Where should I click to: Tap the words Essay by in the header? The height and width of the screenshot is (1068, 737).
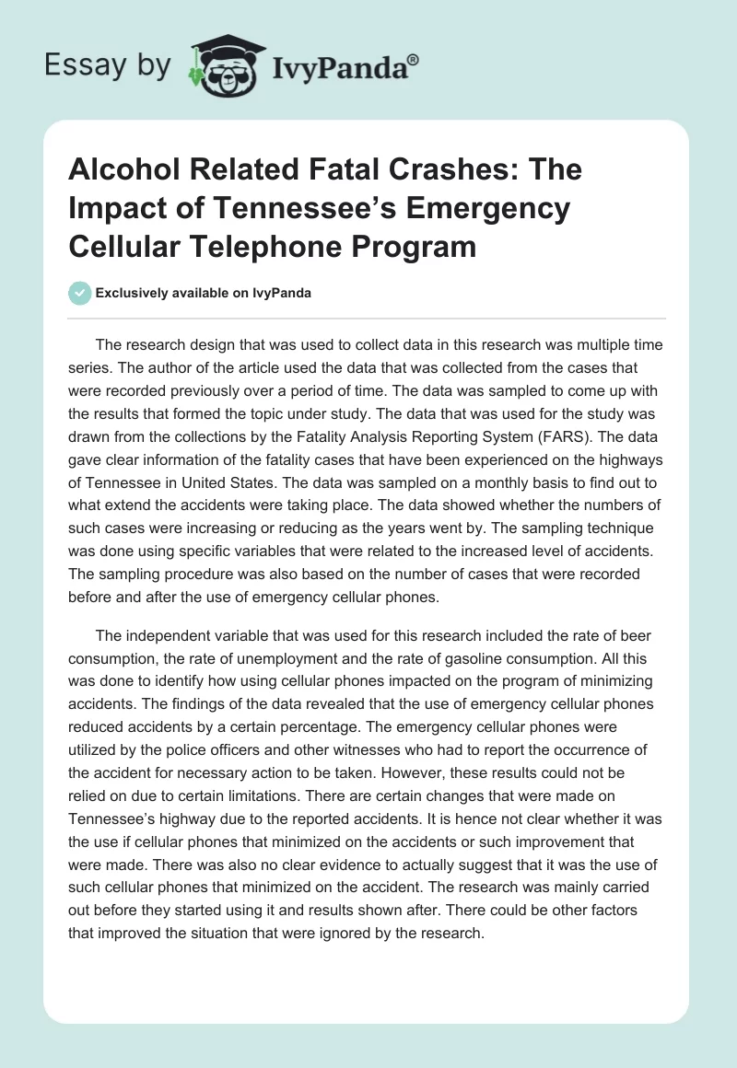click(110, 64)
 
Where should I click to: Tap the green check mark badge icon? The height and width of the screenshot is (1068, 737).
click(79, 294)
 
